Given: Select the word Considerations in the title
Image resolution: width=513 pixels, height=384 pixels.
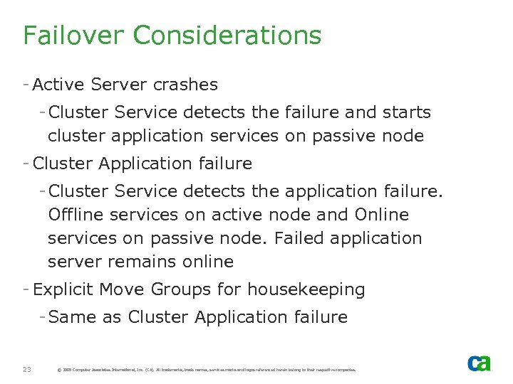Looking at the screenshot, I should tap(227, 35).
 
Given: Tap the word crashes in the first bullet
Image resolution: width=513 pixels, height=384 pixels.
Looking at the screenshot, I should tap(185, 85).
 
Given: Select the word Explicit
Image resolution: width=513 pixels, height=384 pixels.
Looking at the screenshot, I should tap(63, 289).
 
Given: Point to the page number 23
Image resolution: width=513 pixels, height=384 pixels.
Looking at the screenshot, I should tap(27, 369).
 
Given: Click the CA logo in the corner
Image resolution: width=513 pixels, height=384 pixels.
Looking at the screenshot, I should tap(479, 363).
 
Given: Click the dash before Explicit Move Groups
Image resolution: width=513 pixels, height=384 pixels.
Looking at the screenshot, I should tap(26, 289).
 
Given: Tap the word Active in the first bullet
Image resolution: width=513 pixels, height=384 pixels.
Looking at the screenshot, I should tap(57, 85).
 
